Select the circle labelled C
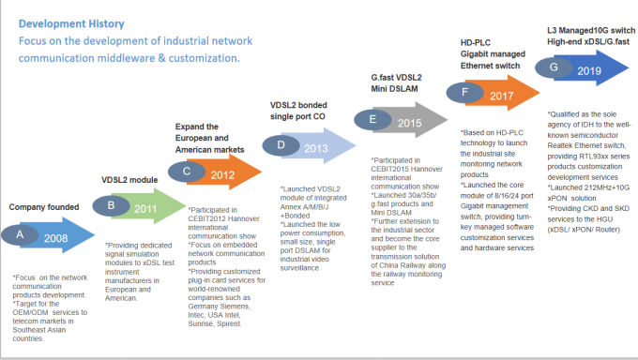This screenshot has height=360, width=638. (186, 171)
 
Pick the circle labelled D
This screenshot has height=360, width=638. (281, 144)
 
